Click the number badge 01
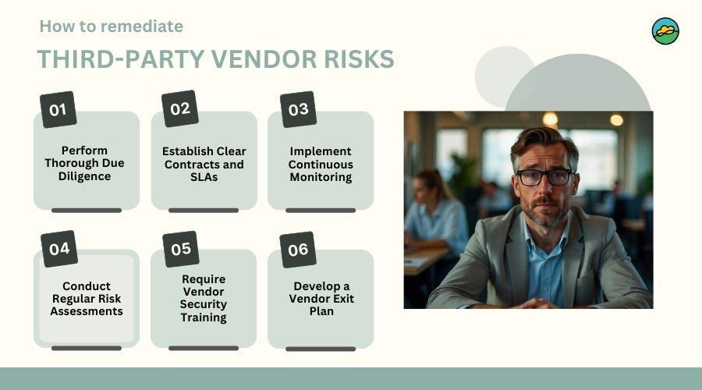tap(58, 109)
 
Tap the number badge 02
tap(179, 108)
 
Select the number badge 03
tap(298, 109)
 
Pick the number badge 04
tap(58, 249)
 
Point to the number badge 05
tap(180, 249)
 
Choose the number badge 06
tap(298, 250)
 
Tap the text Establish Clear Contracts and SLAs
tap(204, 164)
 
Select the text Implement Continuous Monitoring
tap(321, 164)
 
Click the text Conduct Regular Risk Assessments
tap(87, 299)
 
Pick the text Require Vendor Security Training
tap(204, 298)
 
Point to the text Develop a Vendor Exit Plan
tap(321, 299)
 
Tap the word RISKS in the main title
tap(356, 59)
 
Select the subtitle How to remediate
tap(111, 26)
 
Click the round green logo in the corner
tap(665, 31)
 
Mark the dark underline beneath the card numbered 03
tap(321, 210)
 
